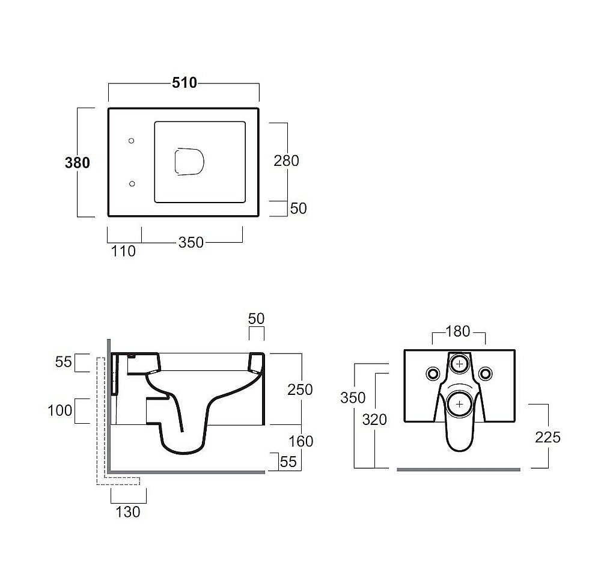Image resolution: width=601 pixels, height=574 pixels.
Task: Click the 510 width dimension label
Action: pyautogui.click(x=185, y=83)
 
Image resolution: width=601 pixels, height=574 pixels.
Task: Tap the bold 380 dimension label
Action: pyautogui.click(x=78, y=162)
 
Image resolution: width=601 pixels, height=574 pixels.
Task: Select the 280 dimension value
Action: pyautogui.click(x=286, y=160)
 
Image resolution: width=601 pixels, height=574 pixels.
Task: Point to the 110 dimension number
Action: pyautogui.click(x=123, y=251)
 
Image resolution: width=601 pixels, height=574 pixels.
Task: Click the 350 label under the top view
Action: pyautogui.click(x=191, y=242)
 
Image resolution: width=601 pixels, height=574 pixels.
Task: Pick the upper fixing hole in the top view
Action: pyautogui.click(x=131, y=141)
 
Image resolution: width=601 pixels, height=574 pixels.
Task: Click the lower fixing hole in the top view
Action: pyautogui.click(x=132, y=184)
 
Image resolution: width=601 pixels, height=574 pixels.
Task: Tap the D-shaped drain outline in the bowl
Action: pyautogui.click(x=189, y=162)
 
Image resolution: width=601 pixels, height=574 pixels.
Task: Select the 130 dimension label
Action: pyautogui.click(x=128, y=512)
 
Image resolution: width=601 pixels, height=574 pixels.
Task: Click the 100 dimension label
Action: pyautogui.click(x=59, y=411)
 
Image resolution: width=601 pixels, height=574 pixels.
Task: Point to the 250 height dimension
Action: pyautogui.click(x=300, y=389)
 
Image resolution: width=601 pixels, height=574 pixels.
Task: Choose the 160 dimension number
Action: pyautogui.click(x=301, y=441)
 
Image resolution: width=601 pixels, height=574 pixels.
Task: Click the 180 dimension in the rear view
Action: pyautogui.click(x=458, y=331)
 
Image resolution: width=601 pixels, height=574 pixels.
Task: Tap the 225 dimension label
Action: pyautogui.click(x=548, y=437)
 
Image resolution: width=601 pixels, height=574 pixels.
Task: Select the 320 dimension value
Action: pyautogui.click(x=374, y=420)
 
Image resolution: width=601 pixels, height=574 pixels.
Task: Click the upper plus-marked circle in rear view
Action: pyautogui.click(x=460, y=364)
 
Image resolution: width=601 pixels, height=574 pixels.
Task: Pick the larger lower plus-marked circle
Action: pyautogui.click(x=460, y=404)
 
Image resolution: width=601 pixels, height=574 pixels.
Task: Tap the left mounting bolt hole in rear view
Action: pyautogui.click(x=433, y=373)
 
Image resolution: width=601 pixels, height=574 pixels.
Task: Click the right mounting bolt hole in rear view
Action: pyautogui.click(x=486, y=373)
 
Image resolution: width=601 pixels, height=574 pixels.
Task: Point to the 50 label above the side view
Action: pyautogui.click(x=256, y=319)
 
